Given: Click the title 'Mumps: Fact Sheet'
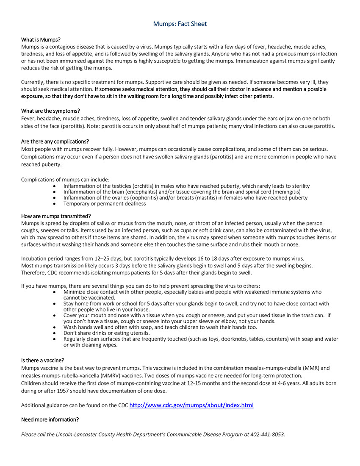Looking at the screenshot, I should click(x=180, y=24).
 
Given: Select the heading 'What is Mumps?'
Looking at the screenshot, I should click(x=41, y=39).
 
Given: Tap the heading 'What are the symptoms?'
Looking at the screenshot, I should click(x=50, y=111).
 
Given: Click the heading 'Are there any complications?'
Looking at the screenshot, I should click(x=55, y=141).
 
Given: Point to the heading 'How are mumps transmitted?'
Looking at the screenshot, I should click(x=56, y=216).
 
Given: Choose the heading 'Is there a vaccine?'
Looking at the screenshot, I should click(x=43, y=361).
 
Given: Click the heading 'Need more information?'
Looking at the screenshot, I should click(x=50, y=419).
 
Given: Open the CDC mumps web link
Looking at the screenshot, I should click(x=191, y=405).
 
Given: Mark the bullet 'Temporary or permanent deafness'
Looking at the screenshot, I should click(x=105, y=204).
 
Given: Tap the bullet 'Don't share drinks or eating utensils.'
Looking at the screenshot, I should click(x=106, y=333).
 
